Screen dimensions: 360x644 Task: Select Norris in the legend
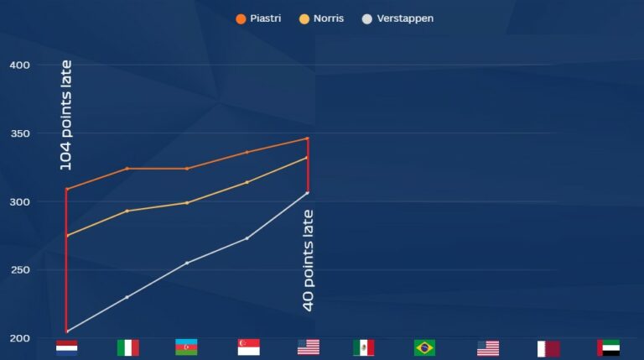322,18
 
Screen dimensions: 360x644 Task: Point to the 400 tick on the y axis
19,65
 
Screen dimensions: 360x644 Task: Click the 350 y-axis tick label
19,133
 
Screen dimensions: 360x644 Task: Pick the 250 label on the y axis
19,270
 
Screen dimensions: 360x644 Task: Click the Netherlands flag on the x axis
66,347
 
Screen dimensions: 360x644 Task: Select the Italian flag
127,347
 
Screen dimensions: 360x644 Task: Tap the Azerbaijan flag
186,347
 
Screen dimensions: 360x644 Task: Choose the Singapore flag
248,347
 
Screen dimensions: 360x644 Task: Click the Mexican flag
363,347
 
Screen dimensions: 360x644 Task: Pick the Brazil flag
424,347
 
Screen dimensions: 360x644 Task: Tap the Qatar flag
548,347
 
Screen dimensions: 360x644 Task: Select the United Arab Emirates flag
608,347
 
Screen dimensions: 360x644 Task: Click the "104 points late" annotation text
66,115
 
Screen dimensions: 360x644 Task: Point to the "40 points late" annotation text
308,260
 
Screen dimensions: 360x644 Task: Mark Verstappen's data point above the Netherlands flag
66,331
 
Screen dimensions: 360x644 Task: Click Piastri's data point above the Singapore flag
247,152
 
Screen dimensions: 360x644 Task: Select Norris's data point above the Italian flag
127,211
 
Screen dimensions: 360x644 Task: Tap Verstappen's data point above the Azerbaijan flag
187,263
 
